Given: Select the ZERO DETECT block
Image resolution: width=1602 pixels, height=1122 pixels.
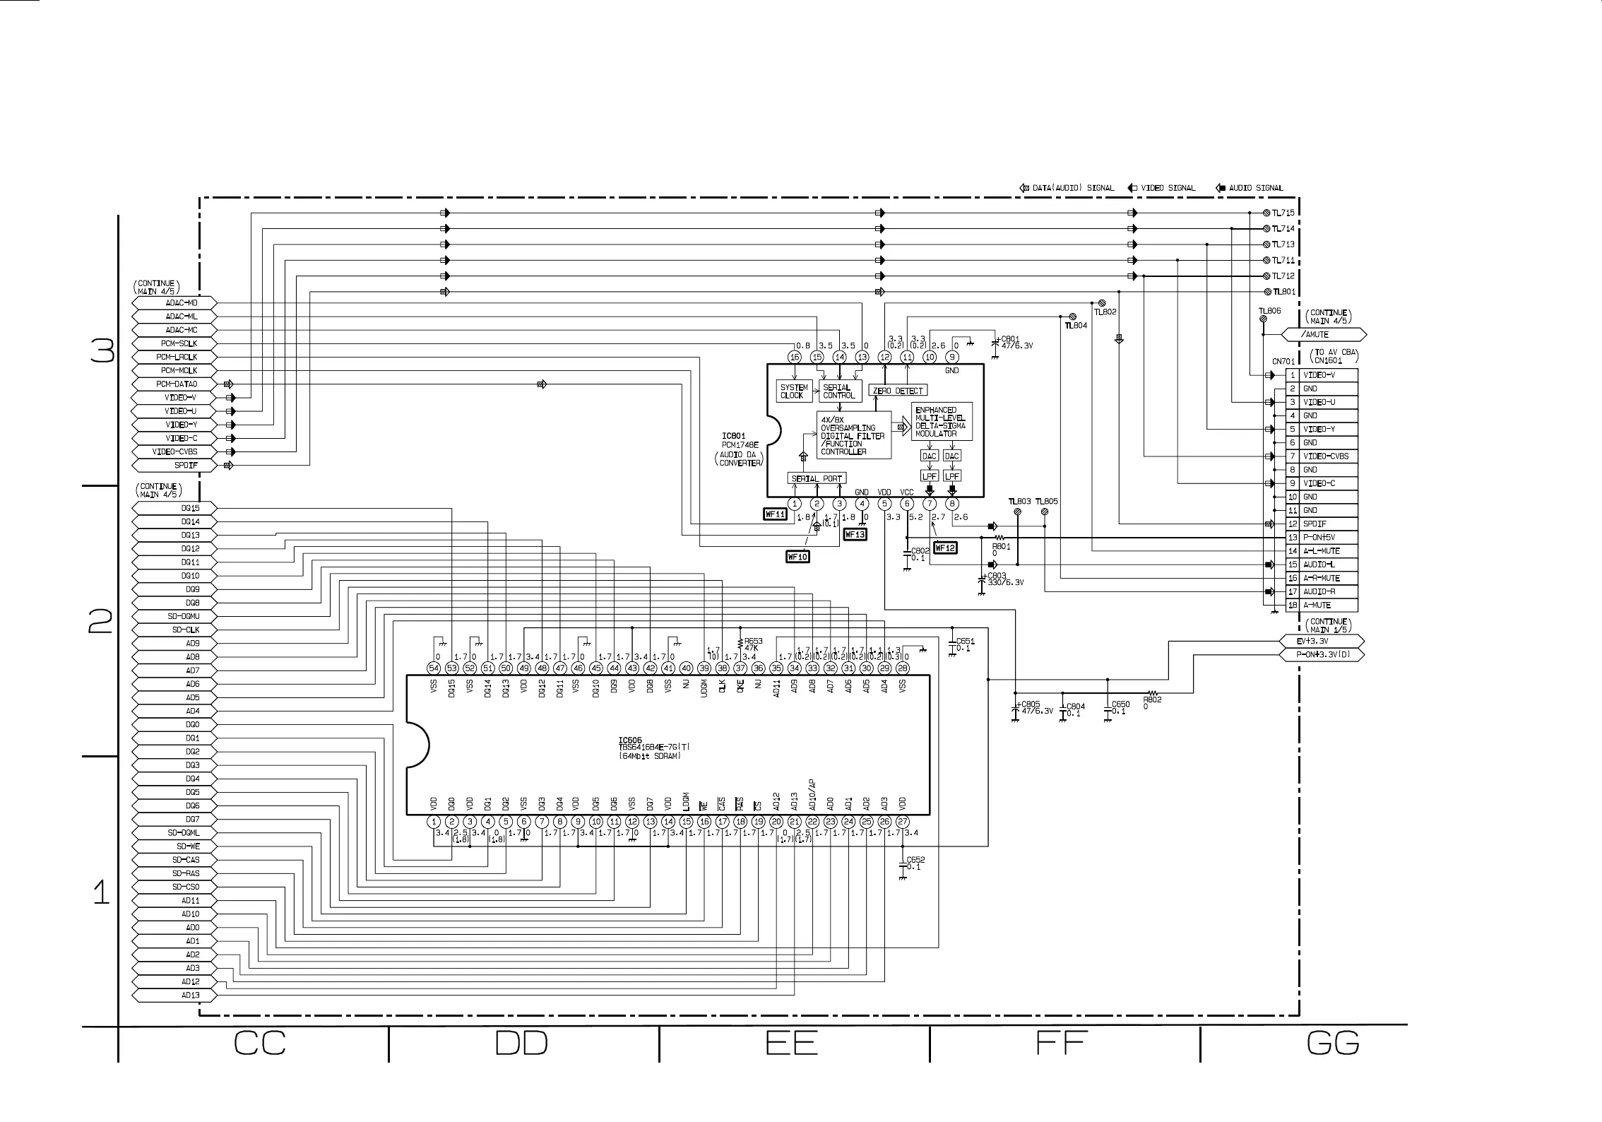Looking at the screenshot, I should (898, 391).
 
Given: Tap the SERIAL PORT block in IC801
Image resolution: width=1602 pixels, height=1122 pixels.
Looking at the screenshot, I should (817, 478).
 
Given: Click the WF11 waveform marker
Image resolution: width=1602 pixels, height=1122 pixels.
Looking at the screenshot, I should (775, 514).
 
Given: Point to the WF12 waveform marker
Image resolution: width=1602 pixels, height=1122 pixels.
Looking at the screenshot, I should (945, 548).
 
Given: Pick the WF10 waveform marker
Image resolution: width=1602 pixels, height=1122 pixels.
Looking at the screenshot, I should (797, 557).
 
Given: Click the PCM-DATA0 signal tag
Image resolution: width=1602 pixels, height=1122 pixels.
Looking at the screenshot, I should (174, 384).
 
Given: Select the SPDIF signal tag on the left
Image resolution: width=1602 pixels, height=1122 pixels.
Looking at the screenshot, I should (174, 466).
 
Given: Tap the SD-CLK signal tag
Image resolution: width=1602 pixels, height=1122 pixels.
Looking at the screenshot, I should (174, 630).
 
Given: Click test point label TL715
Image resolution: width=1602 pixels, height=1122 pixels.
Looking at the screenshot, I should (1283, 213).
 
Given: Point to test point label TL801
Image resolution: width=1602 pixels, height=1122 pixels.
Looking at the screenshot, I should (1283, 292).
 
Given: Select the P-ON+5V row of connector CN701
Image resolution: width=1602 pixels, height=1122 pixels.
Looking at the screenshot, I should (1321, 538).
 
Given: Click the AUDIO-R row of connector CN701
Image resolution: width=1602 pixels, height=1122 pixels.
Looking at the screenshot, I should (1321, 592).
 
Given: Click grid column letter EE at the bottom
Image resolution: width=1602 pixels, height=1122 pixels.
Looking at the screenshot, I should (792, 1044).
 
